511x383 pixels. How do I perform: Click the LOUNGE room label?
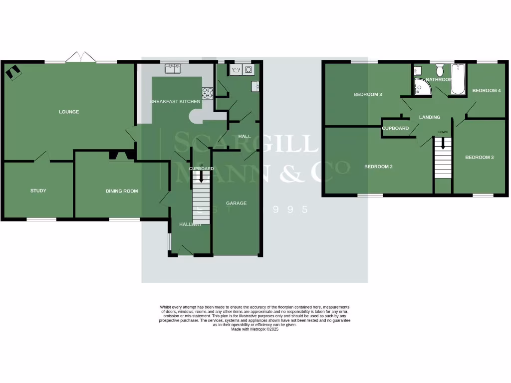pyautogui.click(x=69, y=112)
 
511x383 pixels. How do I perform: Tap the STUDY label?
pyautogui.click(x=38, y=191)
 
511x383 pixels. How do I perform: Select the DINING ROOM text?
pyautogui.click(x=121, y=191)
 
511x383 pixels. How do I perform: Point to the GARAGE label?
pyautogui.click(x=236, y=203)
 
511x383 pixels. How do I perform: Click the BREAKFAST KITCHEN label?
pyautogui.click(x=175, y=102)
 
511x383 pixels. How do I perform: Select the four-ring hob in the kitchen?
pyautogui.click(x=208, y=92)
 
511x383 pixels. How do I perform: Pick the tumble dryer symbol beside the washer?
pyautogui.click(x=248, y=70)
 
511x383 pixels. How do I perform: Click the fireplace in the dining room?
pyautogui.click(x=121, y=157)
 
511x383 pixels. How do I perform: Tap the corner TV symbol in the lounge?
pyautogui.click(x=13, y=73)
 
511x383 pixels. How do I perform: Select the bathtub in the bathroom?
pyautogui.click(x=458, y=79)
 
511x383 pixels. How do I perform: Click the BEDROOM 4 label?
pyautogui.click(x=486, y=91)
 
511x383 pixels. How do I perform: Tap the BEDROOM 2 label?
pyautogui.click(x=378, y=167)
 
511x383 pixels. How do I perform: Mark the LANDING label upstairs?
pyautogui.click(x=430, y=117)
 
